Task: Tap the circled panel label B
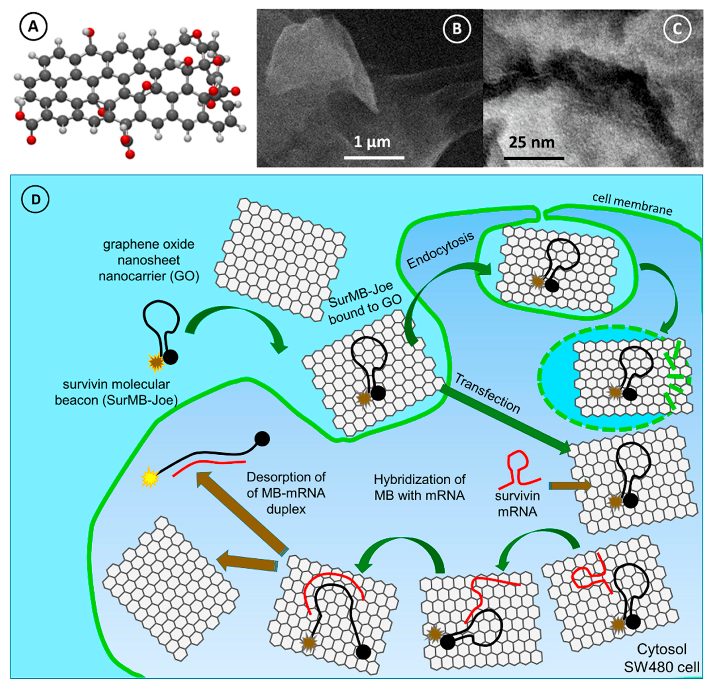tap(457, 29)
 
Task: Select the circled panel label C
tap(677, 29)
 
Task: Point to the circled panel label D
tap(36, 199)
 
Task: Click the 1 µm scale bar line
tap(374, 157)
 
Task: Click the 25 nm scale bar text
tap(532, 142)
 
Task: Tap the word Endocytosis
tap(440, 250)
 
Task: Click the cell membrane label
tap(632, 204)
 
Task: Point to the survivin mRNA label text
tap(517, 503)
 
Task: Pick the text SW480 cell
tap(661, 667)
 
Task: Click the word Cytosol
tap(661, 649)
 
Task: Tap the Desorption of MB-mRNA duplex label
tap(286, 493)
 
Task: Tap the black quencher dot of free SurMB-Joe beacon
tap(170, 357)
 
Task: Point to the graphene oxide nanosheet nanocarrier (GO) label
tap(149, 260)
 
